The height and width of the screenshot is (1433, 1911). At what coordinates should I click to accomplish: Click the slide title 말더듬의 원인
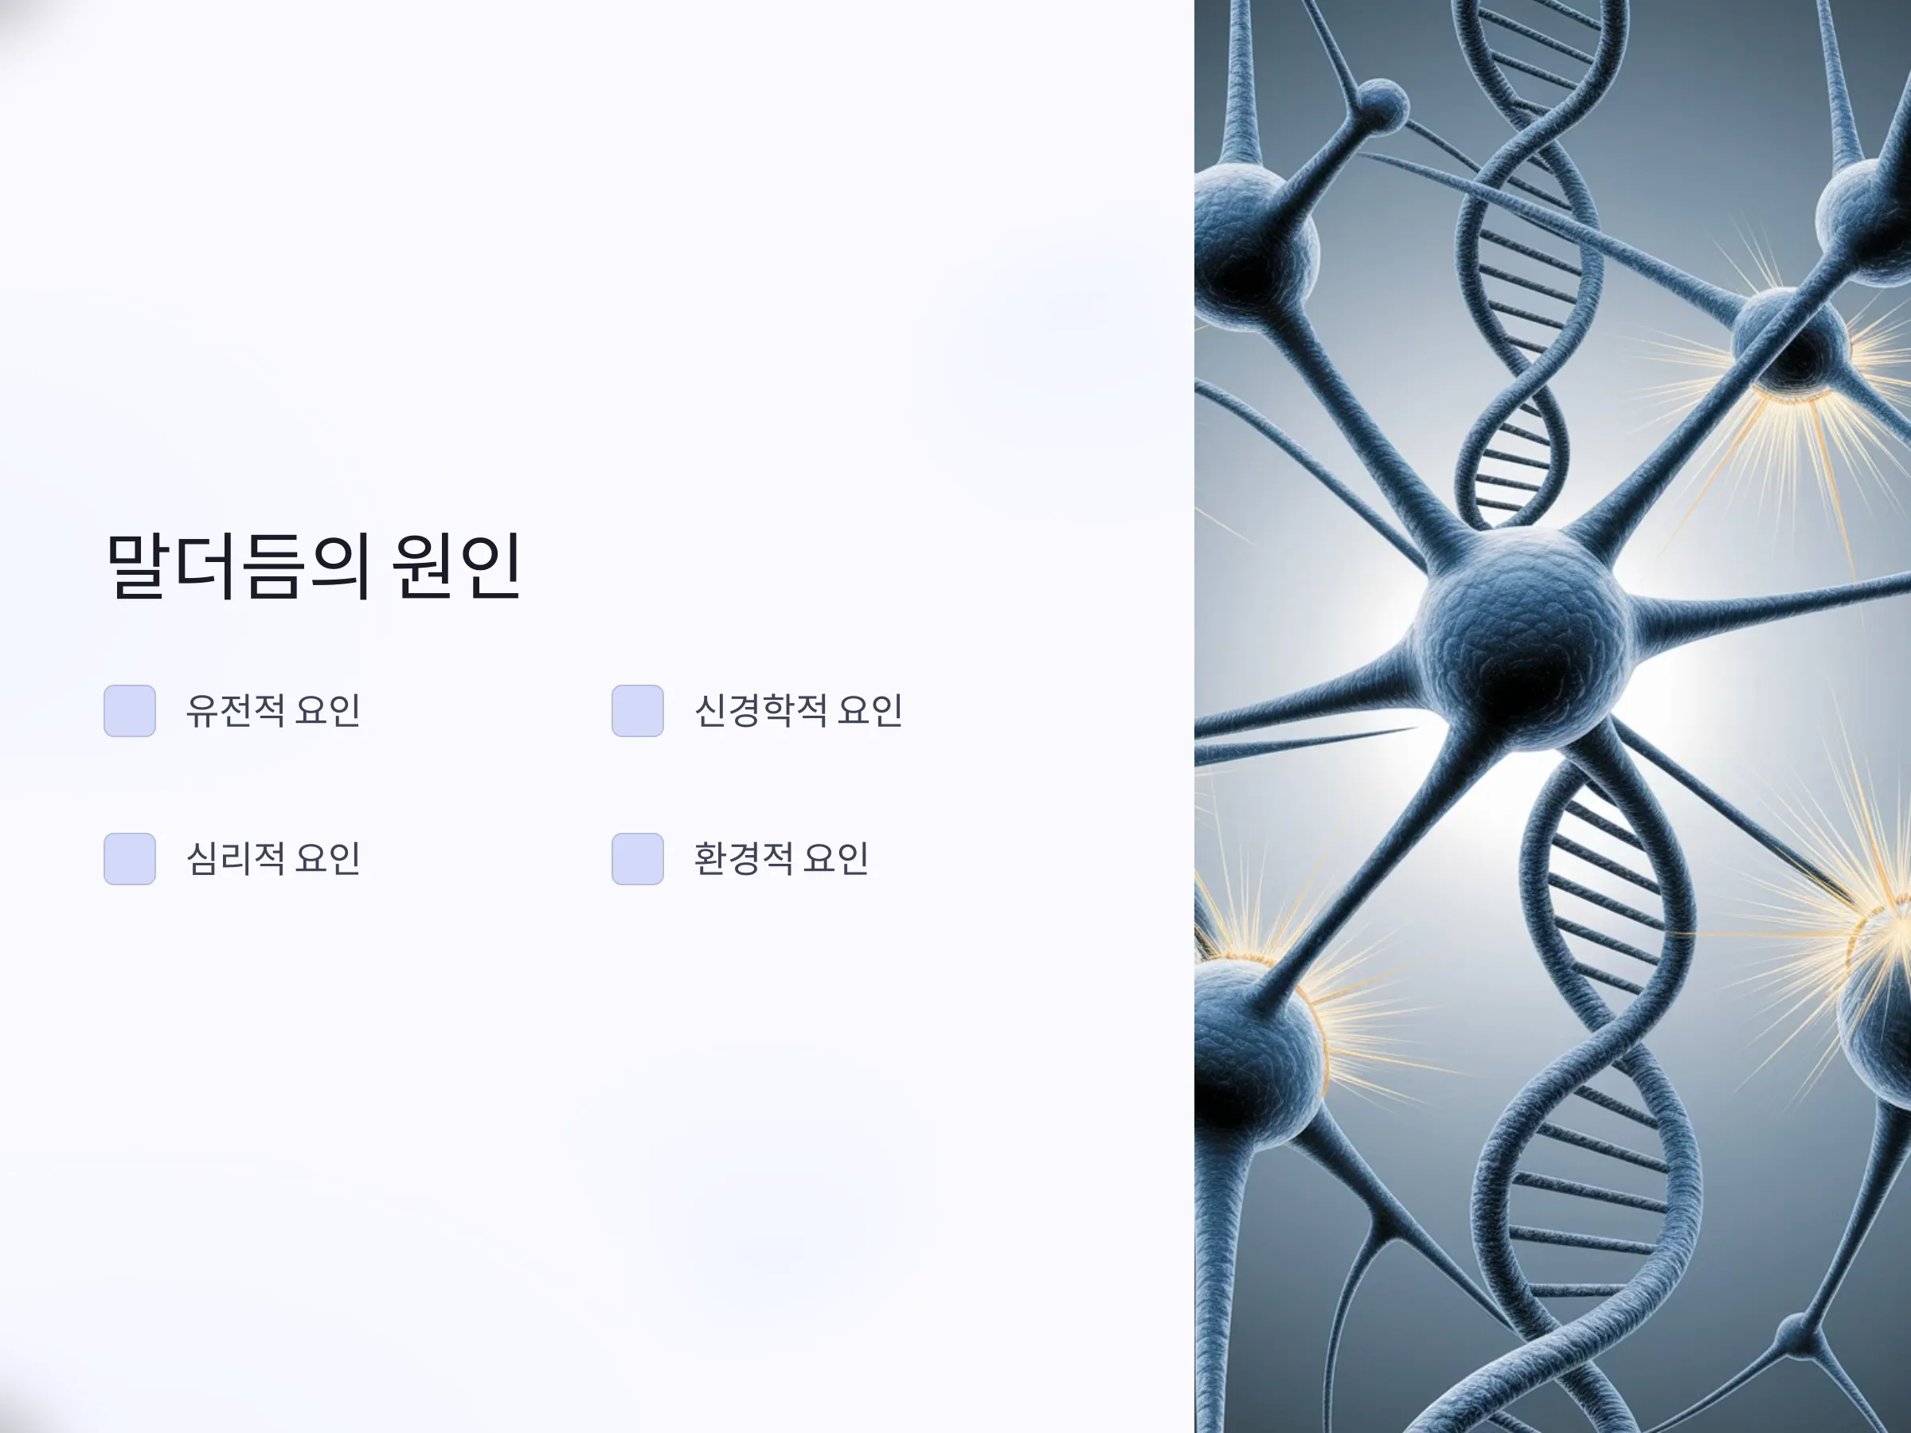coord(314,566)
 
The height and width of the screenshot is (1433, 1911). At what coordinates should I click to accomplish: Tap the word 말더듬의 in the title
coord(238,566)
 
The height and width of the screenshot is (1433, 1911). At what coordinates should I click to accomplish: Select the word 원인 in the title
coord(457,566)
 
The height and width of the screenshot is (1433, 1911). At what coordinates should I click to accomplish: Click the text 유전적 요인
coord(273,711)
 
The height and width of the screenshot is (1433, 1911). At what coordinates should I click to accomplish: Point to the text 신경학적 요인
coord(799,711)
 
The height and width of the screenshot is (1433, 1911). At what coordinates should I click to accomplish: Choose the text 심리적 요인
coord(273,858)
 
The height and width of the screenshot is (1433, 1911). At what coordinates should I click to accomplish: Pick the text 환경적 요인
coord(781,858)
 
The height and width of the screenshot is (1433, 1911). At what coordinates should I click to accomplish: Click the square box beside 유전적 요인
coord(130,711)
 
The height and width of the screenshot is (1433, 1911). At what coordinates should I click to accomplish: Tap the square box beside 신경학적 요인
coord(638,711)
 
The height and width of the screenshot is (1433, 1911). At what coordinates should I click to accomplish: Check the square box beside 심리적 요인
coord(130,858)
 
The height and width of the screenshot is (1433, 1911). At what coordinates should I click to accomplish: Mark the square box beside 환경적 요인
coord(638,858)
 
